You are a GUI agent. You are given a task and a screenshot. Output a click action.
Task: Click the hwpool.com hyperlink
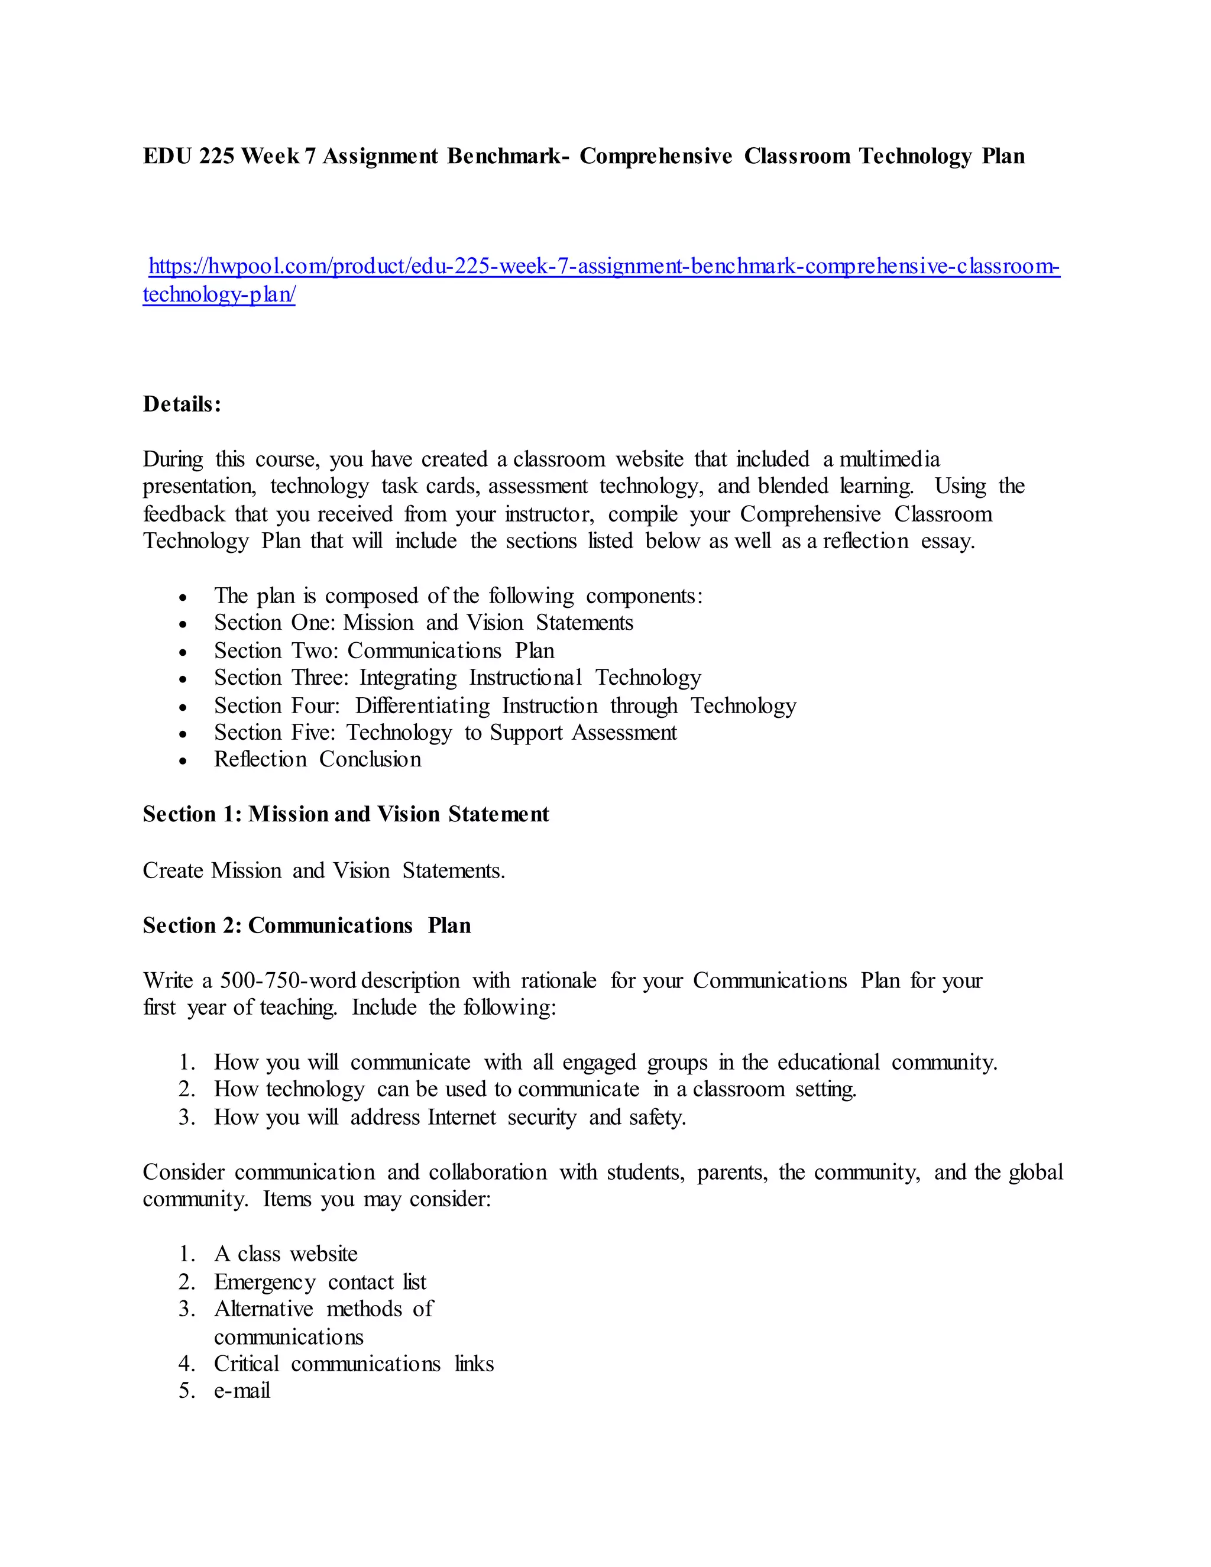click(603, 267)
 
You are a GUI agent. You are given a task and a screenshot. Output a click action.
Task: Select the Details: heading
click(182, 404)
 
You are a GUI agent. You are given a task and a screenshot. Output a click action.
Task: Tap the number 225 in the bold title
click(216, 157)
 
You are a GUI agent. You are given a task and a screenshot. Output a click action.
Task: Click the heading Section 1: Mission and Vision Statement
click(346, 814)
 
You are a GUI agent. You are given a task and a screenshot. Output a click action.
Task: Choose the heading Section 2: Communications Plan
click(307, 925)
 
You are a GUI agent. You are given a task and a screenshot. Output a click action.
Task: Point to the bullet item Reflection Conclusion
click(317, 759)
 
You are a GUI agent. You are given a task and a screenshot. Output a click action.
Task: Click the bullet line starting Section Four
click(504, 706)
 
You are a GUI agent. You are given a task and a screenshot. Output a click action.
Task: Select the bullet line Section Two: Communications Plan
click(384, 651)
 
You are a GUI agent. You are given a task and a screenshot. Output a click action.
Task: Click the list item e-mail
click(242, 1391)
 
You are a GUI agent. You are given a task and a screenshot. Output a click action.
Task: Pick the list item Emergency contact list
click(320, 1281)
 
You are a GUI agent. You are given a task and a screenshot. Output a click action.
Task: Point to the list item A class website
click(286, 1254)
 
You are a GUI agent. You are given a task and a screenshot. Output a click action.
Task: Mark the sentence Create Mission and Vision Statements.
click(323, 870)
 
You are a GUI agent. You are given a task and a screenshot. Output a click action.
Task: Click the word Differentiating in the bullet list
click(423, 706)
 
